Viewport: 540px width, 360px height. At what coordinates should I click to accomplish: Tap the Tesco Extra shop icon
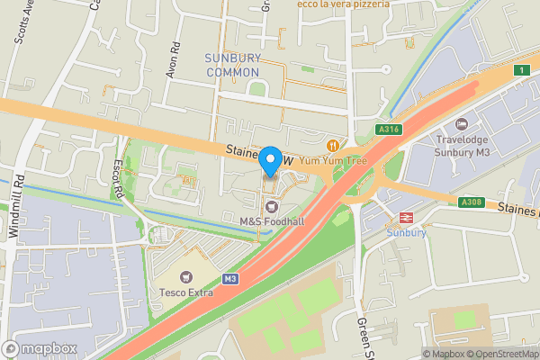click(187, 278)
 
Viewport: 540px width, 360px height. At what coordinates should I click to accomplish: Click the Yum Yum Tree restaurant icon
click(333, 145)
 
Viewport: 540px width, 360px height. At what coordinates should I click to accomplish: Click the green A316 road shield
click(389, 130)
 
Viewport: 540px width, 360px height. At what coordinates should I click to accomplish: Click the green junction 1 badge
click(520, 69)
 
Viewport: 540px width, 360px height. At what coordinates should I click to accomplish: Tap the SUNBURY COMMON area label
click(232, 65)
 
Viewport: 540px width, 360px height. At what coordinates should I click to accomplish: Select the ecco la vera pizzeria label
click(345, 4)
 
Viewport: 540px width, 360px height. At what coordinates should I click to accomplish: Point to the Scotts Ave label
click(20, 27)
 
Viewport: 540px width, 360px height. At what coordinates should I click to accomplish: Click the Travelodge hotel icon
click(462, 124)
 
